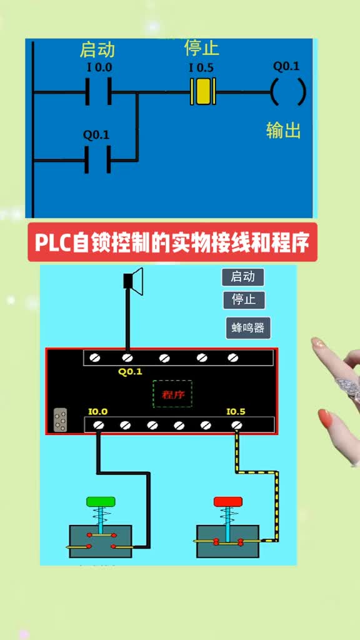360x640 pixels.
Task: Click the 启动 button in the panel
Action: (x=243, y=277)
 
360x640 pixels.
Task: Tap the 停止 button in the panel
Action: (x=244, y=300)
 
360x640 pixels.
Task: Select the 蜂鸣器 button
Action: (x=248, y=328)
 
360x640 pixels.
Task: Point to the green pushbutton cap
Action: (x=101, y=502)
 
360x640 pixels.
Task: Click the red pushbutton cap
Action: (x=228, y=502)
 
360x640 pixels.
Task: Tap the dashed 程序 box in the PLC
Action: (x=172, y=394)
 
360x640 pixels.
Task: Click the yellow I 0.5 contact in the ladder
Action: (x=202, y=91)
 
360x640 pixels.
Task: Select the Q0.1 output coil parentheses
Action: (x=287, y=92)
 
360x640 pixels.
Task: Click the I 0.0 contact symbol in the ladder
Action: (x=98, y=92)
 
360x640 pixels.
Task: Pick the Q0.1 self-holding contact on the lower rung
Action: (x=97, y=159)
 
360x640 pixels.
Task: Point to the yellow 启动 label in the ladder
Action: (x=97, y=50)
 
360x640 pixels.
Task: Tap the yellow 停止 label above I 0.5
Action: (x=202, y=48)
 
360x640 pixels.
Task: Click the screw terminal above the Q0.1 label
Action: (x=127, y=358)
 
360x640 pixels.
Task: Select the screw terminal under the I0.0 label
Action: (x=98, y=425)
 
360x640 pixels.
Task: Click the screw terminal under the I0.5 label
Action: (x=236, y=425)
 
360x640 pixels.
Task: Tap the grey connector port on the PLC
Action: (x=61, y=419)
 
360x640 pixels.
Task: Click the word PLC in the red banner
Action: (x=52, y=243)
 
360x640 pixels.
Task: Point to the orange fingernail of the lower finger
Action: (x=325, y=418)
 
